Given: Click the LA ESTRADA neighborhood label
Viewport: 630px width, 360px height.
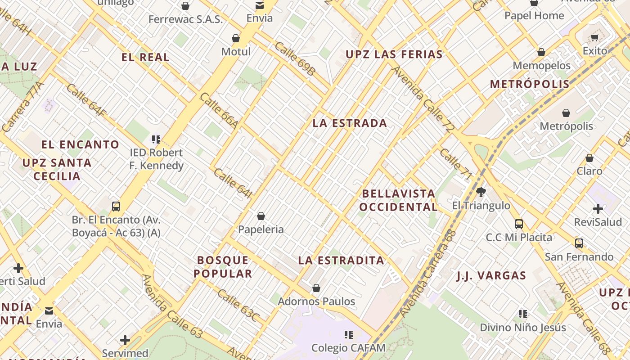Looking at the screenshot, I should coord(350,123).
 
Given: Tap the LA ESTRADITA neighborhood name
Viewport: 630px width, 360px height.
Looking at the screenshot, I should coord(341,260).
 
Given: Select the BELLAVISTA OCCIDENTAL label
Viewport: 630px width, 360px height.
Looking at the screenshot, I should coord(399,200).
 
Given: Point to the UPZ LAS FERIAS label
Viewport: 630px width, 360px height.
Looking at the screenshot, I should coord(394,54).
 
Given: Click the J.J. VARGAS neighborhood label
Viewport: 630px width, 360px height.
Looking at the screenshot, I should coord(491,276).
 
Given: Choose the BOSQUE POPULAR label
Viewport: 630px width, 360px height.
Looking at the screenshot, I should coord(223,267).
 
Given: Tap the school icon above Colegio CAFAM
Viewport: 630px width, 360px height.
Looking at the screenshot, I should coord(348,334).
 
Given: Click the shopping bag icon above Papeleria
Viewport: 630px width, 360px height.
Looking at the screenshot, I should coord(261,216).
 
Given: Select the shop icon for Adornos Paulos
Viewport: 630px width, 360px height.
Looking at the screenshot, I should coord(316,288).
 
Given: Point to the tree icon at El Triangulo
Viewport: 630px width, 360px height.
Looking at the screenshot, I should coord(481,192).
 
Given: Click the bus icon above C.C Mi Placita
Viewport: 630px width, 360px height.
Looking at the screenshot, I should coord(519,224).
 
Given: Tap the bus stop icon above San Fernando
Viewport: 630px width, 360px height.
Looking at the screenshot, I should coord(579,243).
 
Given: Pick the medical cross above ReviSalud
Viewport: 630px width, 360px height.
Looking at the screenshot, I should coord(598,209).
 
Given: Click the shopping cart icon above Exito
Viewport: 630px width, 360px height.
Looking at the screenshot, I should coord(595,38).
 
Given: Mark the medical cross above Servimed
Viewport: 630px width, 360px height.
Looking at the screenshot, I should coord(125,340).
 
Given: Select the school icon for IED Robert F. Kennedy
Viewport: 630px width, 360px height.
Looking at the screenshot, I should coord(156,139).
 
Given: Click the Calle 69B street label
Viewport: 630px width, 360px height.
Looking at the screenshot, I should coord(295,58).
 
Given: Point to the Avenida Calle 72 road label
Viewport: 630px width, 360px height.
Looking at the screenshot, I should coord(423,99).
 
